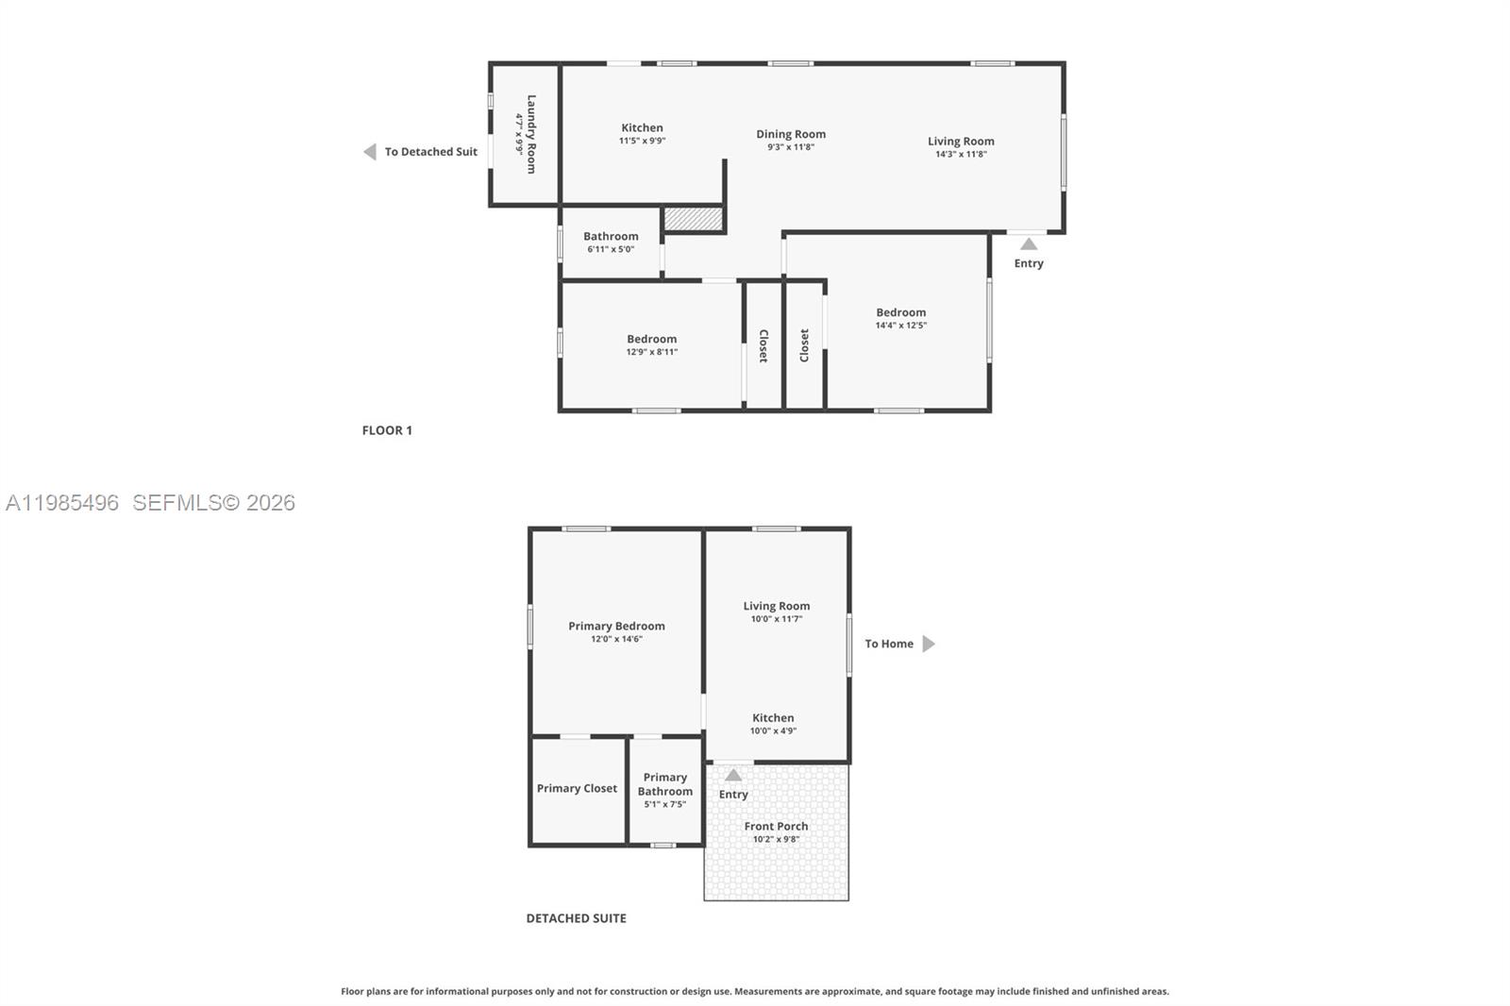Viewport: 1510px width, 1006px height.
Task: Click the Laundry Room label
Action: tap(531, 134)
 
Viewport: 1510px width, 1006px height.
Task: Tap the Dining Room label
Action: tap(791, 134)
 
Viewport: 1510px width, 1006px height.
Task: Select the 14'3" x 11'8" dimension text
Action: tap(961, 154)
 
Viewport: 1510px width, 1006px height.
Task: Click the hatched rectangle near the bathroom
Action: tap(694, 219)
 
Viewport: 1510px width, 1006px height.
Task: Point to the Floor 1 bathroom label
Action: tap(611, 236)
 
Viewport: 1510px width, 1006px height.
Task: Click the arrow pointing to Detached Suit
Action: tap(370, 152)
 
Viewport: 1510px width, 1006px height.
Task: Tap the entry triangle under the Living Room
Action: tap(1029, 244)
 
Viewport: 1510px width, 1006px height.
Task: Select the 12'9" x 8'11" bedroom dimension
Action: tap(652, 351)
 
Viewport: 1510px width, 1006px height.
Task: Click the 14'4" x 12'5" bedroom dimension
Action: tap(901, 325)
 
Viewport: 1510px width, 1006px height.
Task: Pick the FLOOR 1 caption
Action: tap(387, 430)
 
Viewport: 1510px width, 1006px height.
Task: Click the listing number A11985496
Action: tap(62, 502)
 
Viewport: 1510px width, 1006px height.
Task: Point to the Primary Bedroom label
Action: tap(617, 626)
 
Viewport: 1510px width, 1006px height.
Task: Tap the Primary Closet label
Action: tap(577, 788)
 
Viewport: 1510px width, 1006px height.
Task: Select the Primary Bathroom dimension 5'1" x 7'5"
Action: tap(665, 804)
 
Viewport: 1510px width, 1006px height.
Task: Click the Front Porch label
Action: tap(776, 826)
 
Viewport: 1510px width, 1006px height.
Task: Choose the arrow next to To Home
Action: tap(929, 644)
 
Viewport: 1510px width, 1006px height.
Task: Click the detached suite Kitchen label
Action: tap(773, 718)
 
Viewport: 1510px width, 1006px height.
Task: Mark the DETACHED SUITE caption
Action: tap(577, 918)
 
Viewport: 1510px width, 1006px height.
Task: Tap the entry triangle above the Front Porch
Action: tap(733, 775)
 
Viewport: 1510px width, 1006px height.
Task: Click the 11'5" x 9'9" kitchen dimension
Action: tap(643, 141)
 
